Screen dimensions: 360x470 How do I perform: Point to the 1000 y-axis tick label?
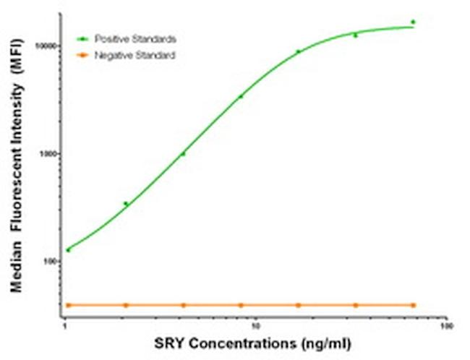point(50,154)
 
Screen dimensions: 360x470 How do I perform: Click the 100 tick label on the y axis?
point(51,262)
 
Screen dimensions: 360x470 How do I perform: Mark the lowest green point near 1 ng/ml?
point(68,250)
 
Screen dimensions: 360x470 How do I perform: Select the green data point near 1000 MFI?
point(183,153)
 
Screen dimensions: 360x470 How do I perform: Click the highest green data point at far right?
point(413,22)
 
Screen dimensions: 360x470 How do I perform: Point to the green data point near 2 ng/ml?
point(126,204)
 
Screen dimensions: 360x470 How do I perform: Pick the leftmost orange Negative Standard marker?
point(68,305)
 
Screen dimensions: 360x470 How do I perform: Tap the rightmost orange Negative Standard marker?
point(413,305)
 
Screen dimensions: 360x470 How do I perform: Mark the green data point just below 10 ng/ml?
point(241,96)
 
